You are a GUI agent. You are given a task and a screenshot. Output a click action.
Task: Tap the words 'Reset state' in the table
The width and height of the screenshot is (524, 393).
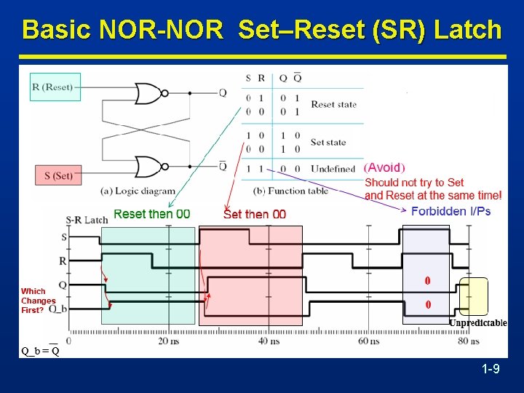333,104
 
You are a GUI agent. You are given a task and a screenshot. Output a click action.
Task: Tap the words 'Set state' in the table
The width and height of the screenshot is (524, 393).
328,142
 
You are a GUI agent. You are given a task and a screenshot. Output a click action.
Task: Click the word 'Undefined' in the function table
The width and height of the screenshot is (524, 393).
333,168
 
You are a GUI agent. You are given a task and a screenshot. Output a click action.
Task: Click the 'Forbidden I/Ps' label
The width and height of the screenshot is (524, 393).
451,211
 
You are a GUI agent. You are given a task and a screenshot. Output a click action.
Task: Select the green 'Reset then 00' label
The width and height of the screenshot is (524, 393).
152,214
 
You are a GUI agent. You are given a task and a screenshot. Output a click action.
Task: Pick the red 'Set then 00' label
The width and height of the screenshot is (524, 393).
255,214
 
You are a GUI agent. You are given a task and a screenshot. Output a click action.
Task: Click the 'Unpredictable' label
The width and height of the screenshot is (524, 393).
477,322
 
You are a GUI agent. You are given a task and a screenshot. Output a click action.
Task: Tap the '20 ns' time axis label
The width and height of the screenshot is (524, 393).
168,341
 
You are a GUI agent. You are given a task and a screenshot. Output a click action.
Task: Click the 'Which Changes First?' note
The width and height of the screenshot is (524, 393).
38,301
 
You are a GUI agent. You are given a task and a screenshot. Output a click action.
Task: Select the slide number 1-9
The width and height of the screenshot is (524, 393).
490,370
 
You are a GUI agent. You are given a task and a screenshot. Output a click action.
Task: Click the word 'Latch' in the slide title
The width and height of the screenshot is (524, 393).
468,30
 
